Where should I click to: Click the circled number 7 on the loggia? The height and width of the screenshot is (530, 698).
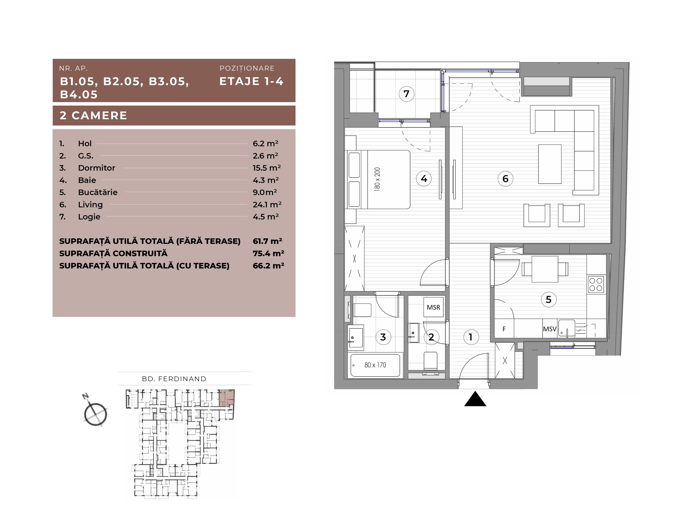(406, 94)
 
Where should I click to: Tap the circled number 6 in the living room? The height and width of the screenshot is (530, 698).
(505, 179)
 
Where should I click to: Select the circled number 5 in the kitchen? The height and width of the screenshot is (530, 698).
(549, 299)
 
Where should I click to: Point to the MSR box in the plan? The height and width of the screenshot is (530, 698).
(434, 307)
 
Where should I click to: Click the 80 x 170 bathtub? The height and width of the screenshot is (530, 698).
(375, 365)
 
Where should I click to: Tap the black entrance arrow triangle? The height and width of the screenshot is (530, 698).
(475, 399)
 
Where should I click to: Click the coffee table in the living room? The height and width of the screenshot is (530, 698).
(550, 164)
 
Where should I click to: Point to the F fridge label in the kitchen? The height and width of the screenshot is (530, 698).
(504, 329)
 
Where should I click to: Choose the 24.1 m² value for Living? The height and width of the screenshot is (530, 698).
(267, 204)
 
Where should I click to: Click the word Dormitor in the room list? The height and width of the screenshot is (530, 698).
(97, 168)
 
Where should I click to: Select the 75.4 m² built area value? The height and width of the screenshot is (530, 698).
(268, 253)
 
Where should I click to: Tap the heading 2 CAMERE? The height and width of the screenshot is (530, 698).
(94, 115)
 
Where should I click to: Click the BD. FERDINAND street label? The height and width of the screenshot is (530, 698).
(174, 379)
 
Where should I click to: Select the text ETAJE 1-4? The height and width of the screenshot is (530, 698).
(252, 81)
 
